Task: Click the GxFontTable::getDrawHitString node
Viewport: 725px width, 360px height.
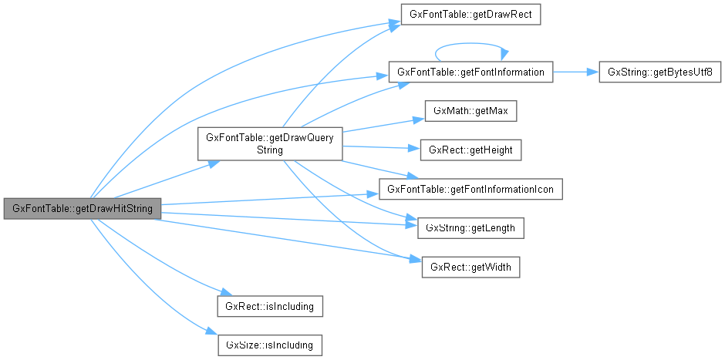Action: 82,210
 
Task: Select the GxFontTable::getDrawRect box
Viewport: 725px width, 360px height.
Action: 470,15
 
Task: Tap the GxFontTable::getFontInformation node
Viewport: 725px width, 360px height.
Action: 470,72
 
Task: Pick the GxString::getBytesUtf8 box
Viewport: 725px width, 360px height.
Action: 659,72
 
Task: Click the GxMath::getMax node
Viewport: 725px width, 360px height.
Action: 470,111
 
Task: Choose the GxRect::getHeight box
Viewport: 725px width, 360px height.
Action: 470,150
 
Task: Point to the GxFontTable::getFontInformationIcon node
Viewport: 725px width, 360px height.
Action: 470,189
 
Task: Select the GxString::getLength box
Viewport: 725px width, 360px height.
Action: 470,228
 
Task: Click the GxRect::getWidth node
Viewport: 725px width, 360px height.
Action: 470,267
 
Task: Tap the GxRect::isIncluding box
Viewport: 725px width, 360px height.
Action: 269,306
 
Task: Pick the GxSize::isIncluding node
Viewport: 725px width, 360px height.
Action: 269,345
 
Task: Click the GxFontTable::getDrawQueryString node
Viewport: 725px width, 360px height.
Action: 269,143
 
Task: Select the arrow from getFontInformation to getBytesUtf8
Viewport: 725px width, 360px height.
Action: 575,72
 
